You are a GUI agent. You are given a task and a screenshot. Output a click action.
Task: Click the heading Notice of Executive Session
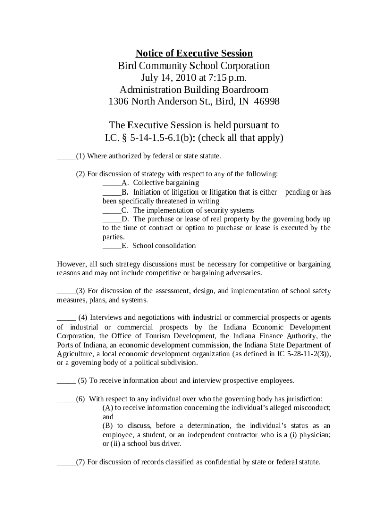194,53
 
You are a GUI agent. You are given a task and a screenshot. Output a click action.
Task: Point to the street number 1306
120,102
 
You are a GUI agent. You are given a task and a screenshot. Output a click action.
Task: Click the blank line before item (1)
66,157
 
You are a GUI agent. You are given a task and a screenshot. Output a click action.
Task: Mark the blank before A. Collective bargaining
112,183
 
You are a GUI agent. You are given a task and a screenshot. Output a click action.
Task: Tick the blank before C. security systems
112,211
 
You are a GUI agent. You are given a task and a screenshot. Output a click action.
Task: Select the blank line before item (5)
66,381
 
